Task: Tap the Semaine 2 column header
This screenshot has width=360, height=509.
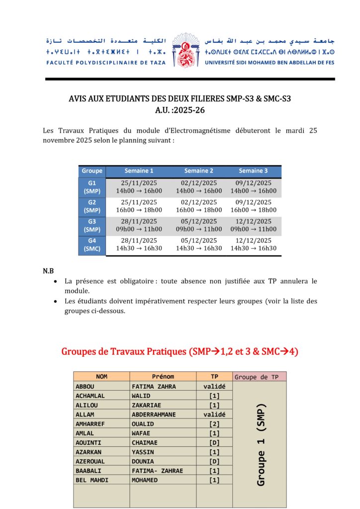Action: (199, 171)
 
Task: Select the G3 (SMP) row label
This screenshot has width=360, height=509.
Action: (92, 226)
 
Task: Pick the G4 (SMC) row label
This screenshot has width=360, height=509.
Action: (92, 245)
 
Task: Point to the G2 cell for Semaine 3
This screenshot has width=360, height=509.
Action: (253, 206)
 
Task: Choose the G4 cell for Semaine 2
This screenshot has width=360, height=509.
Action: (199, 245)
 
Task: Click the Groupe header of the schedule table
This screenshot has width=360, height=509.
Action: (92, 171)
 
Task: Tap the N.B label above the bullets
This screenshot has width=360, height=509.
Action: (48, 271)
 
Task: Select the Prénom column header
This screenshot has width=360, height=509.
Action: (163, 377)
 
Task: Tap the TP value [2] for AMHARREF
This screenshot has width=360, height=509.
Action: (214, 424)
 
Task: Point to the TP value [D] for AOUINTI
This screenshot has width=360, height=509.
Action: (214, 443)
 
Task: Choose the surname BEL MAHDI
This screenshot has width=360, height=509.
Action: (91, 480)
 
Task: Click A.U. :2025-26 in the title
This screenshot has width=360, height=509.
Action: (180, 110)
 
